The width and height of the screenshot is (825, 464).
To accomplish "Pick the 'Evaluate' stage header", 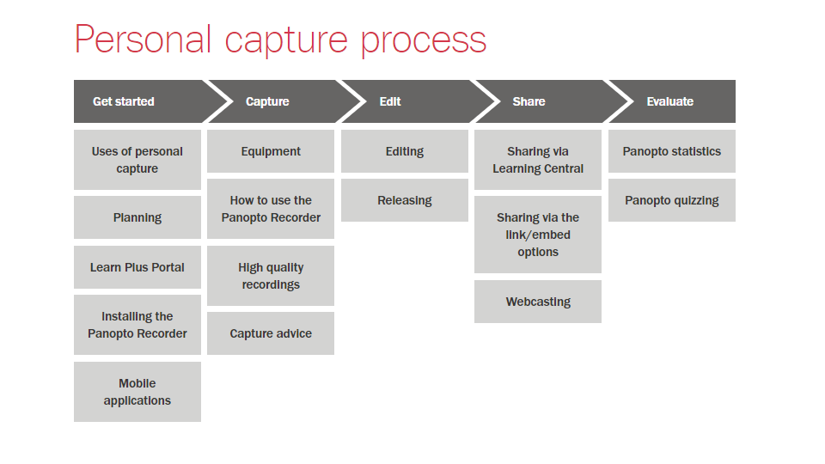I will pyautogui.click(x=670, y=101).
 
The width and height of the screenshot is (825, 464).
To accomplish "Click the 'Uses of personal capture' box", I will pyautogui.click(x=137, y=160).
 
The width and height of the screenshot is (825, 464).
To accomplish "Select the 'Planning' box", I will pyautogui.click(x=137, y=217).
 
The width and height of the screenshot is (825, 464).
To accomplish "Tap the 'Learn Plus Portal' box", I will pyautogui.click(x=137, y=267).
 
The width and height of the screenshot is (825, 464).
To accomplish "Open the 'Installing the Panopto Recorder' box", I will pyautogui.click(x=137, y=325).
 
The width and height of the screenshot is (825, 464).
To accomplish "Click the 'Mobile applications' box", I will pyautogui.click(x=137, y=392).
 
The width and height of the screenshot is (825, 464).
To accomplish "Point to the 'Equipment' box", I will pyautogui.click(x=271, y=151).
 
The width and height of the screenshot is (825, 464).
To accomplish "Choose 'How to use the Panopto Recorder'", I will pyautogui.click(x=271, y=209).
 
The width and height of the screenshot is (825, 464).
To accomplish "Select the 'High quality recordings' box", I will pyautogui.click(x=271, y=276).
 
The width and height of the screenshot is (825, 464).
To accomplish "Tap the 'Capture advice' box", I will pyautogui.click(x=271, y=333).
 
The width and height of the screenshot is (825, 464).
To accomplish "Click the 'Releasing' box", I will pyautogui.click(x=405, y=200).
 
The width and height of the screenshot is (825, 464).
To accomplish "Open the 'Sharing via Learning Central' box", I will pyautogui.click(x=538, y=160).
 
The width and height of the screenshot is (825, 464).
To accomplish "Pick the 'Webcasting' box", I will pyautogui.click(x=538, y=302).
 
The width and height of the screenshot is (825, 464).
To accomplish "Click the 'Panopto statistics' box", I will pyautogui.click(x=672, y=151).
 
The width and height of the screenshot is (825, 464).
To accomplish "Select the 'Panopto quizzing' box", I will pyautogui.click(x=672, y=200).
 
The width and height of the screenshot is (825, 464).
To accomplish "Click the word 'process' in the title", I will pyautogui.click(x=423, y=40).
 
